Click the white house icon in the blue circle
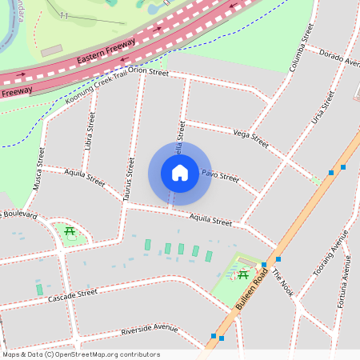(x=180, y=172)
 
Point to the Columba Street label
(x=299, y=49)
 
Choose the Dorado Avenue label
(x=339, y=57)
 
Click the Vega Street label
(x=250, y=138)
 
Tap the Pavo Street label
(x=219, y=174)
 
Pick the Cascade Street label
(x=72, y=296)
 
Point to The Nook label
(x=284, y=282)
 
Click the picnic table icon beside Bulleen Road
(x=242, y=275)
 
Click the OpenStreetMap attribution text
(x=81, y=354)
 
